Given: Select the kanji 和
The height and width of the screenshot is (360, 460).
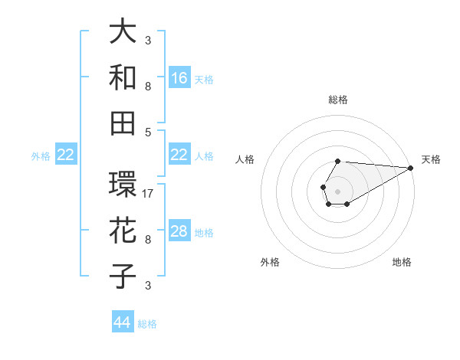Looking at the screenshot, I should coord(123,77).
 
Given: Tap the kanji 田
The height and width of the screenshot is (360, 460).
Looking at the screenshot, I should coord(123,123).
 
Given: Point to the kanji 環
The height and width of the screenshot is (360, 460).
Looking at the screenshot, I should coord(123,185).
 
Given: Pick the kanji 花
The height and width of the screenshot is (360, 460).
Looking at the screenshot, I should coord(123,231).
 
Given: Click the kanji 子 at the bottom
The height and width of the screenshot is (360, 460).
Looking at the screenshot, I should coord(123,277).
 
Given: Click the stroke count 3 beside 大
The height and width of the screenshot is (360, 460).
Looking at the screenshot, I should coord(148,40).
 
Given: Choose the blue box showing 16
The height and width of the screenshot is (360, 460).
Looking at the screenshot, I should coord(179,77).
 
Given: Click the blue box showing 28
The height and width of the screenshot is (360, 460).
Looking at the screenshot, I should coord(179,231).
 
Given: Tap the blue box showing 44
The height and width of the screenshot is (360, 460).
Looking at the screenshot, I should coord(122,322).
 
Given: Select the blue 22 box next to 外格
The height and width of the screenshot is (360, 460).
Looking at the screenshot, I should coord(65,155).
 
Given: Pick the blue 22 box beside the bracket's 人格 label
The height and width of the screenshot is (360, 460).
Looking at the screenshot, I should coord(179,155).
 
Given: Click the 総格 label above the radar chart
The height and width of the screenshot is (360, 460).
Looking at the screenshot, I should coord(338,100).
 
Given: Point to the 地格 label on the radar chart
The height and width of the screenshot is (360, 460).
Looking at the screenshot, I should coord(402,262).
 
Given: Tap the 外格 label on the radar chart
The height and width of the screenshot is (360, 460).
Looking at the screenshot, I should coord(270,262).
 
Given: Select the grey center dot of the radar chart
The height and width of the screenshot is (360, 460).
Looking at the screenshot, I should coord(337,191).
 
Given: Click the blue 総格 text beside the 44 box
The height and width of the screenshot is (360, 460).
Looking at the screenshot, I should coord(147,324).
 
